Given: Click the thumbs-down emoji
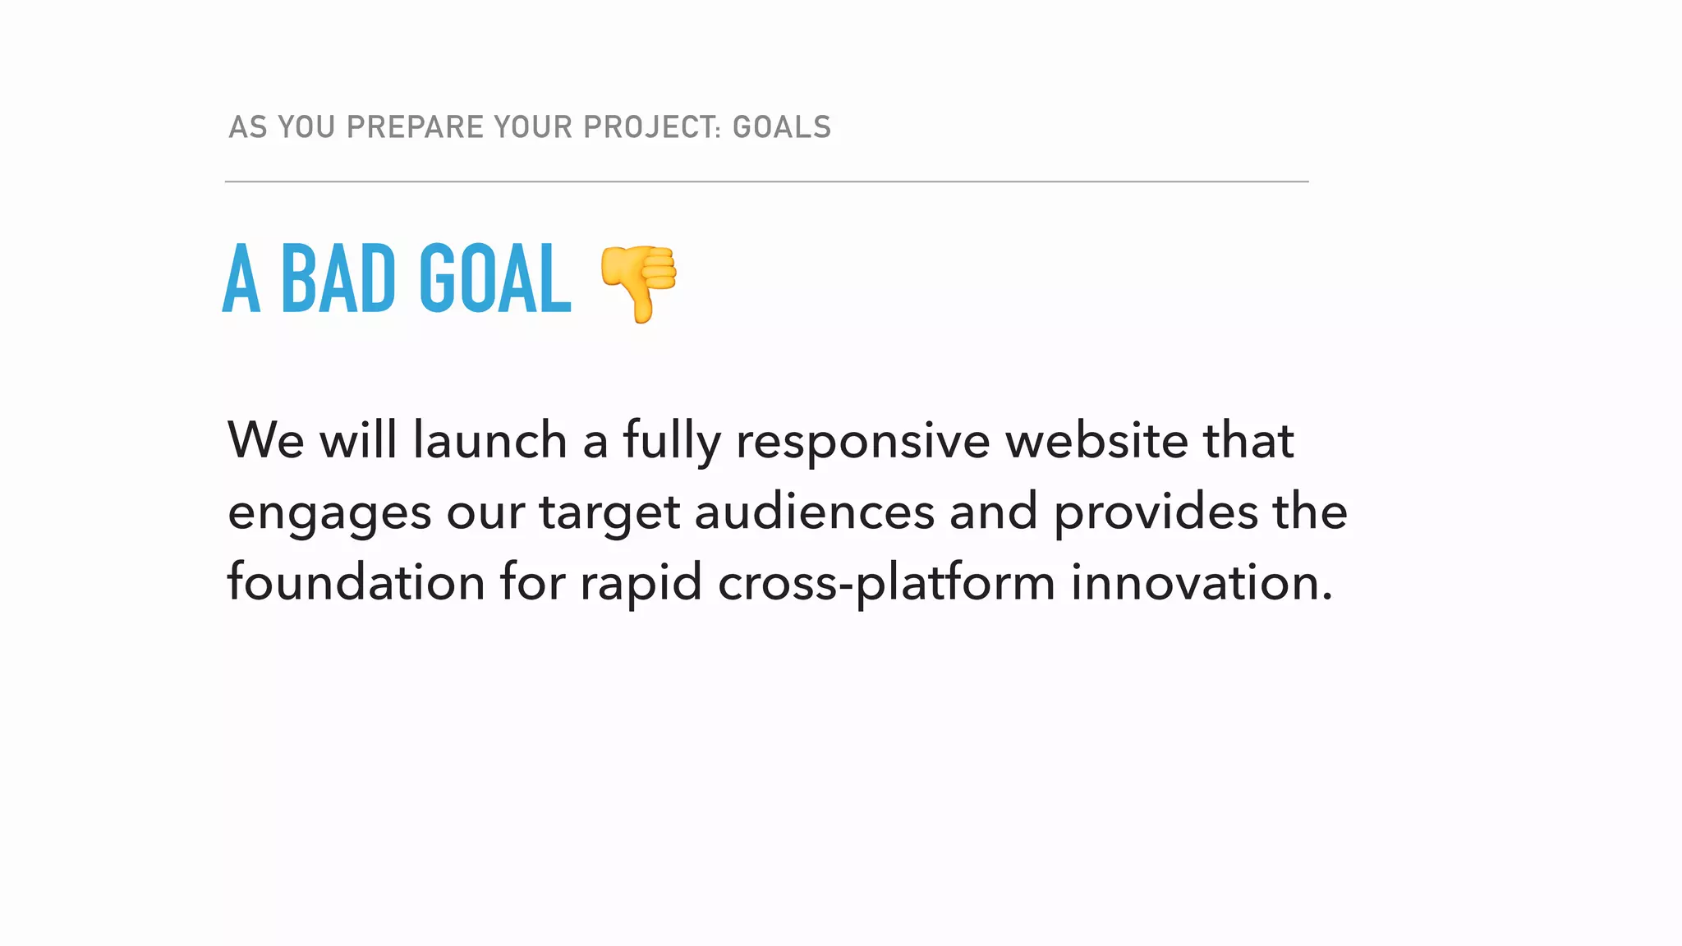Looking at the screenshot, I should (x=639, y=282).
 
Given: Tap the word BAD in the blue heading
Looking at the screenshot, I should (x=338, y=279).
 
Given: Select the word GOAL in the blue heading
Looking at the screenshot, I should (x=494, y=279).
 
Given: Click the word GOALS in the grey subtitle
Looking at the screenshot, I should (x=782, y=127).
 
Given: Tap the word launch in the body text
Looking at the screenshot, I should (x=489, y=440).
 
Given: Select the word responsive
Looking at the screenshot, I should (x=862, y=442).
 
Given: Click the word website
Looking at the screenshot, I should (x=1096, y=440).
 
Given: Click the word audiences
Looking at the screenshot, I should (x=815, y=512).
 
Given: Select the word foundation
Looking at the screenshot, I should (x=356, y=582).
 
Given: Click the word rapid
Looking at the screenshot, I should (x=641, y=584).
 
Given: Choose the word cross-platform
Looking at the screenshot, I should (x=886, y=584).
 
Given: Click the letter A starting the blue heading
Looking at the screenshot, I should (x=241, y=279).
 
